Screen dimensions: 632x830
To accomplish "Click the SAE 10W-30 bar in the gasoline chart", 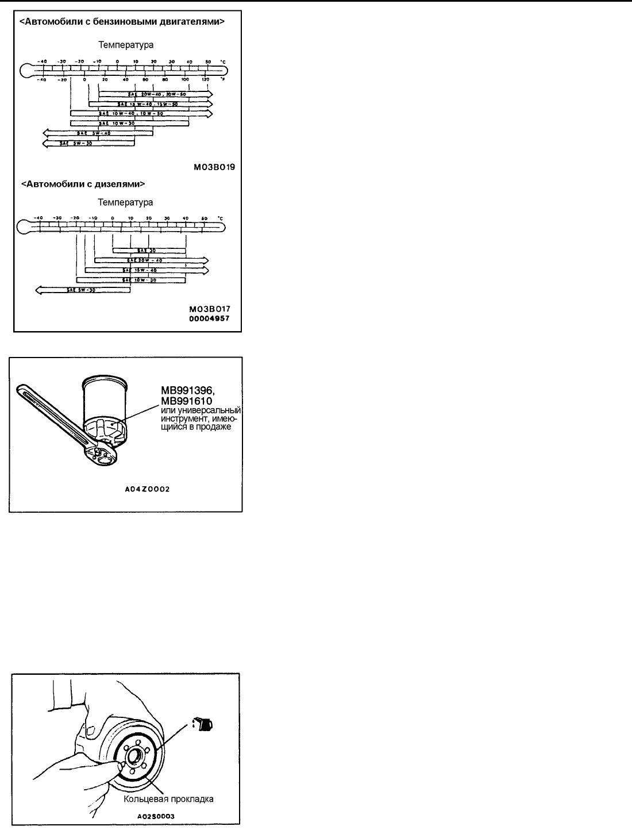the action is pyautogui.click(x=129, y=123).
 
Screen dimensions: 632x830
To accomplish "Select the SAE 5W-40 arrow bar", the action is pyautogui.click(x=98, y=133).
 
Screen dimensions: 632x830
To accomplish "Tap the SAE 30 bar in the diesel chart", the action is pyautogui.click(x=149, y=250).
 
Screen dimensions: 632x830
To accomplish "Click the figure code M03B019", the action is pyautogui.click(x=215, y=168).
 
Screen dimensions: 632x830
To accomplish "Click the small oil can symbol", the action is pyautogui.click(x=205, y=725).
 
